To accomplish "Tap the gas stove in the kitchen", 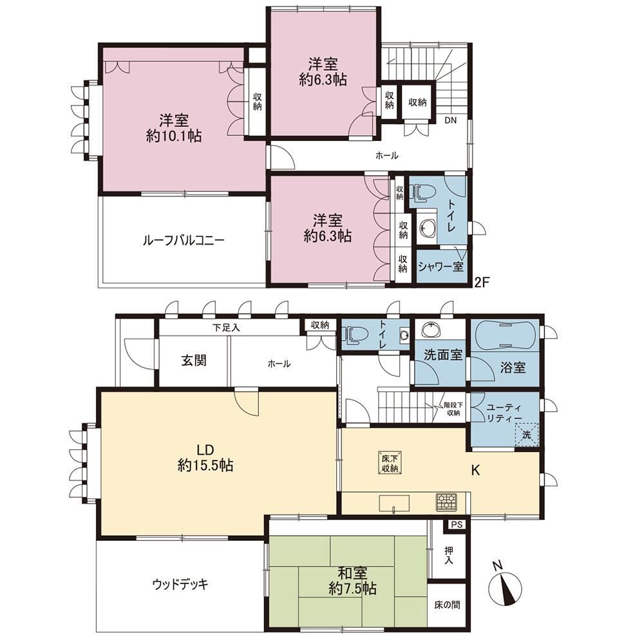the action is pyautogui.click(x=446, y=502).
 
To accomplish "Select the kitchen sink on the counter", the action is pyautogui.click(x=394, y=504).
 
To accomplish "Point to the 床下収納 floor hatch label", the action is pyautogui.click(x=390, y=463).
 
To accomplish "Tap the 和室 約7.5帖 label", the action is pyautogui.click(x=353, y=581).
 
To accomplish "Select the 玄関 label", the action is pyautogui.click(x=194, y=361).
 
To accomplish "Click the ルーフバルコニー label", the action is pyautogui.click(x=183, y=240).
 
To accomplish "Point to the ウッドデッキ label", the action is pyautogui.click(x=180, y=583).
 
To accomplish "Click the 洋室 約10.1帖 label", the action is pyautogui.click(x=174, y=129).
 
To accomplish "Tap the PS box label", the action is pyautogui.click(x=457, y=524).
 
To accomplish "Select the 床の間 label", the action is pyautogui.click(x=448, y=605).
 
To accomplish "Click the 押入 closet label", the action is pyautogui.click(x=449, y=554).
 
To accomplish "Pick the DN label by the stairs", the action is pyautogui.click(x=451, y=120).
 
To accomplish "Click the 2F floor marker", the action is pyautogui.click(x=482, y=282).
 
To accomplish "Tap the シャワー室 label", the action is pyautogui.click(x=440, y=267).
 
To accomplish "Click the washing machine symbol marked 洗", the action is pyautogui.click(x=527, y=433).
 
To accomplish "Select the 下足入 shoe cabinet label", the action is pyautogui.click(x=226, y=327).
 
